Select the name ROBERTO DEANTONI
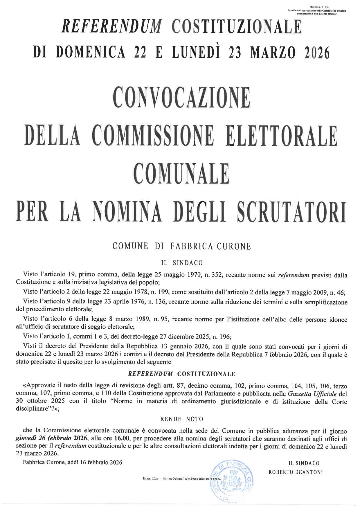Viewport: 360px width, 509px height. tap(296, 472)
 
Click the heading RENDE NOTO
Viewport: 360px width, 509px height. tap(181, 419)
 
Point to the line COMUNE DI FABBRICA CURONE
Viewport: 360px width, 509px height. tap(181, 247)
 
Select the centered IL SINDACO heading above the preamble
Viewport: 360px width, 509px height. tap(181, 263)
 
